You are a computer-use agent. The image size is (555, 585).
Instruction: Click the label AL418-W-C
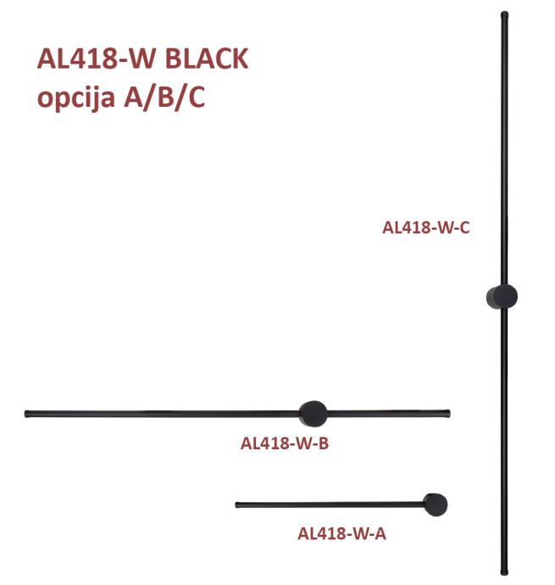[425, 227]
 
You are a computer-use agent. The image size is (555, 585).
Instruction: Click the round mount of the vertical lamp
[502, 297]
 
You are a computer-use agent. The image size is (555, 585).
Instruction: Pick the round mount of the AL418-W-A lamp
[436, 504]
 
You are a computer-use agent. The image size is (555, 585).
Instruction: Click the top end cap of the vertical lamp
[504, 14]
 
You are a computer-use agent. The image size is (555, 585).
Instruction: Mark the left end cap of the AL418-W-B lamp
[29, 414]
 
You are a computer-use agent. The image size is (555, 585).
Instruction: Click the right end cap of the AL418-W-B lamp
[447, 413]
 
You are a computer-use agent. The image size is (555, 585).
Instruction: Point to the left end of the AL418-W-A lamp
[238, 505]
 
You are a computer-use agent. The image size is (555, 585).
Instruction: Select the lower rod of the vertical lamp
[504, 441]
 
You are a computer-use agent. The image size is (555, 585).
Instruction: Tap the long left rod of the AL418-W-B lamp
[161, 414]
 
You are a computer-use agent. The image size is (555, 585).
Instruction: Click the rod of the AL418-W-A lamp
[330, 505]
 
